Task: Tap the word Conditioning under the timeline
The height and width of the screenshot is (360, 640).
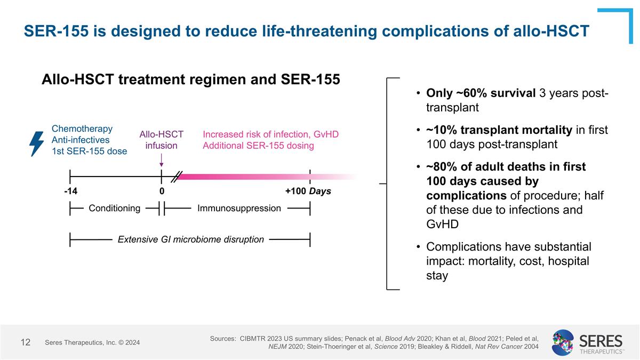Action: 115,208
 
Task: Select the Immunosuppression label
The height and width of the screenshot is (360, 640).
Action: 239,208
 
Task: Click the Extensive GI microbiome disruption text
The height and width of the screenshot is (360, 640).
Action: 190,239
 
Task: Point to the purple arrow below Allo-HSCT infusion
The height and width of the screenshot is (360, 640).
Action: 161,161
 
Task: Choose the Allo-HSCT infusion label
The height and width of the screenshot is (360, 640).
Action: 161,140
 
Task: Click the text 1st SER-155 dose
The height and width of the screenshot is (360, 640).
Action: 89,151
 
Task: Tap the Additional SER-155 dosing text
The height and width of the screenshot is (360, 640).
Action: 258,146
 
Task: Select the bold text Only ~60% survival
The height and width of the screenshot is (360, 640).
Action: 481,94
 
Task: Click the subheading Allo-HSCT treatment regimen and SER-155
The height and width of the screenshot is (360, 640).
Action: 190,79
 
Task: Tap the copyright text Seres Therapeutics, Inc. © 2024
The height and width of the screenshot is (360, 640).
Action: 92,342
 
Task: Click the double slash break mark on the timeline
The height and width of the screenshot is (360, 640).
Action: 177,177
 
